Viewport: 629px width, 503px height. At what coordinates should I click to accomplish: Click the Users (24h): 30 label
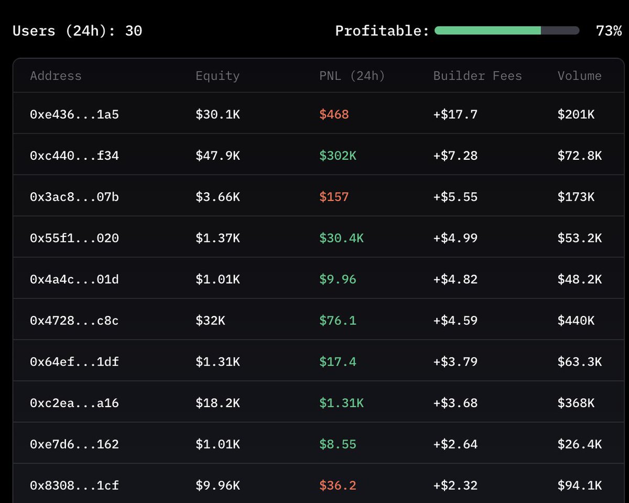(77, 31)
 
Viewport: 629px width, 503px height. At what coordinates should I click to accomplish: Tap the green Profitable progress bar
(487, 31)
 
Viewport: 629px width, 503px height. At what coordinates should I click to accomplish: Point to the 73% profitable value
(609, 31)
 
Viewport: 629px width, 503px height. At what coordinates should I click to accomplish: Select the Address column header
(56, 76)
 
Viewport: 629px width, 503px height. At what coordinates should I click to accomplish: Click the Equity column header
(218, 76)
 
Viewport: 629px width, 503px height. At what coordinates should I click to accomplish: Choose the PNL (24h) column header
(352, 76)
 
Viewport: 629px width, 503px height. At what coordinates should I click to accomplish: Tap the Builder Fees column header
(478, 76)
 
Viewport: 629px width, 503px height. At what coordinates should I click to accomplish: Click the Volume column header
(579, 76)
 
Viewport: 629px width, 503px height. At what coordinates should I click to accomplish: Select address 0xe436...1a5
(74, 114)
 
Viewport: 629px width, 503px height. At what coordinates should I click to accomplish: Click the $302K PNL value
(338, 156)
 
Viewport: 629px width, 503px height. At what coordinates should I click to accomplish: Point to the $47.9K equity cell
(218, 156)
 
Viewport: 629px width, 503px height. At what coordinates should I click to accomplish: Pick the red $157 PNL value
(334, 197)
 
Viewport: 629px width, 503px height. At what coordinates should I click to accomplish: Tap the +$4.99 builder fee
(456, 238)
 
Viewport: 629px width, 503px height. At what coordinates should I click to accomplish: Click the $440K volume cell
(576, 320)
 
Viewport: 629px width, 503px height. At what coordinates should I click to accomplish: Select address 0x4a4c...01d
(74, 279)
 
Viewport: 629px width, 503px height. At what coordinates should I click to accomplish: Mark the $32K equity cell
(210, 320)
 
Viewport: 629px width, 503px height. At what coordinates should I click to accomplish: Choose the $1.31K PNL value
(341, 403)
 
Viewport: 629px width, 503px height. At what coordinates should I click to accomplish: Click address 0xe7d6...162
(74, 444)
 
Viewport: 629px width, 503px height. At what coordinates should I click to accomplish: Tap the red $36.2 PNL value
(338, 486)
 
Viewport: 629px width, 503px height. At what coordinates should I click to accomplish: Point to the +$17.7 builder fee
(456, 114)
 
